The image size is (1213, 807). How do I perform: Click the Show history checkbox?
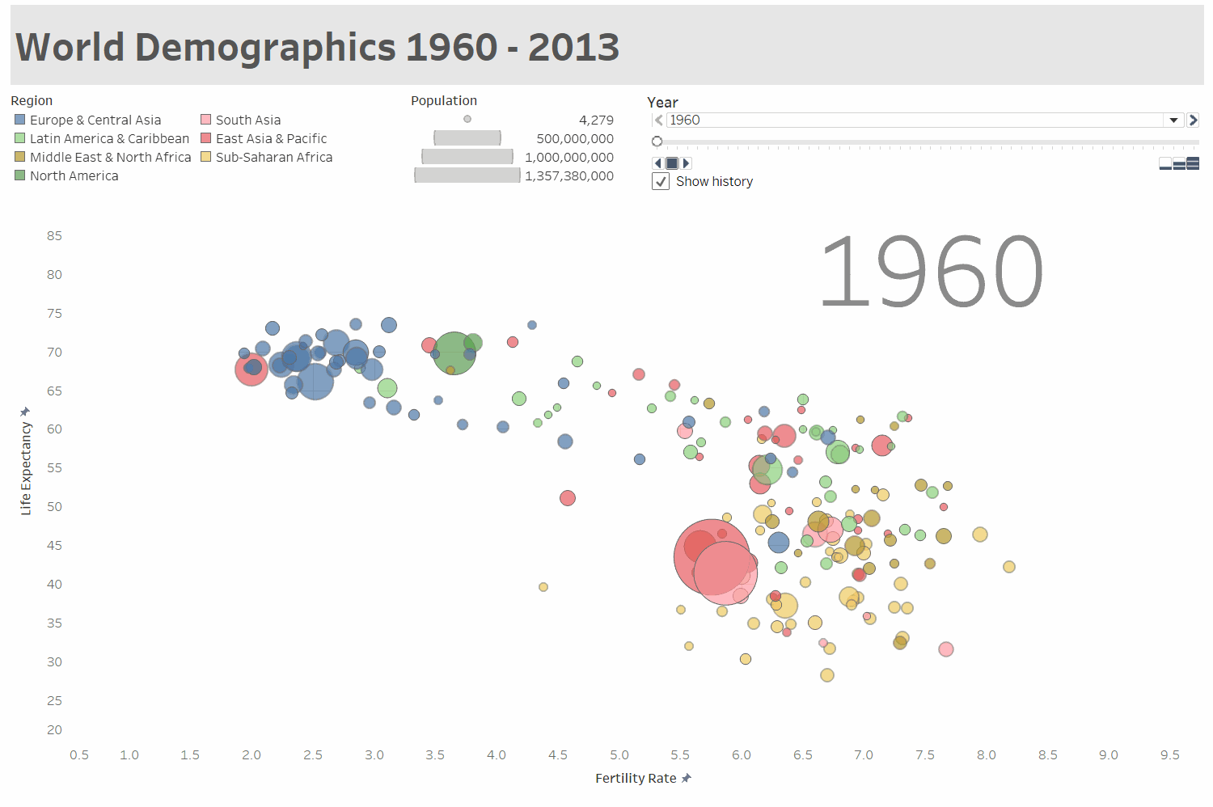tap(661, 182)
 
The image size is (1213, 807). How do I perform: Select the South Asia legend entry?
tap(247, 120)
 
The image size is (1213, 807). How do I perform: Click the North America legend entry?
tap(74, 175)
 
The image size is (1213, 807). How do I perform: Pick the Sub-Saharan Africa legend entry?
tap(273, 157)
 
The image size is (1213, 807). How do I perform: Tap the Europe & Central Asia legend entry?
tap(95, 120)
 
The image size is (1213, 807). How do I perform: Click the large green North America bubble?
tap(454, 353)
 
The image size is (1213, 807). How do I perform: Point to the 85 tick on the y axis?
tap(54, 236)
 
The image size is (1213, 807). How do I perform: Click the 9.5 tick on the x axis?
tap(1169, 755)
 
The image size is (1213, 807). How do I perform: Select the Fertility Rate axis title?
tap(636, 778)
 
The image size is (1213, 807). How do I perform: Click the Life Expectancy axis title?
tap(26, 468)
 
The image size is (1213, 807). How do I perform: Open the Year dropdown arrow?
tap(1173, 120)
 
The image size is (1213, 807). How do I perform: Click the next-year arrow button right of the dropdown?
tap(1193, 120)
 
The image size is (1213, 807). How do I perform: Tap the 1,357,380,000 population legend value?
tap(569, 175)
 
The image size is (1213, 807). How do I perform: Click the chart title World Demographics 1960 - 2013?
tap(317, 47)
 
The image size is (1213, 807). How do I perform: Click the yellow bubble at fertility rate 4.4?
tap(543, 587)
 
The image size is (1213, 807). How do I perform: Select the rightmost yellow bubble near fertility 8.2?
tap(1009, 567)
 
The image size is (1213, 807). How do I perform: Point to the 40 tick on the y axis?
tap(54, 584)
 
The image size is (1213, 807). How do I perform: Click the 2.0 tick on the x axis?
tap(251, 755)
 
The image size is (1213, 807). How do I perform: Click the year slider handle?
tap(657, 142)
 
